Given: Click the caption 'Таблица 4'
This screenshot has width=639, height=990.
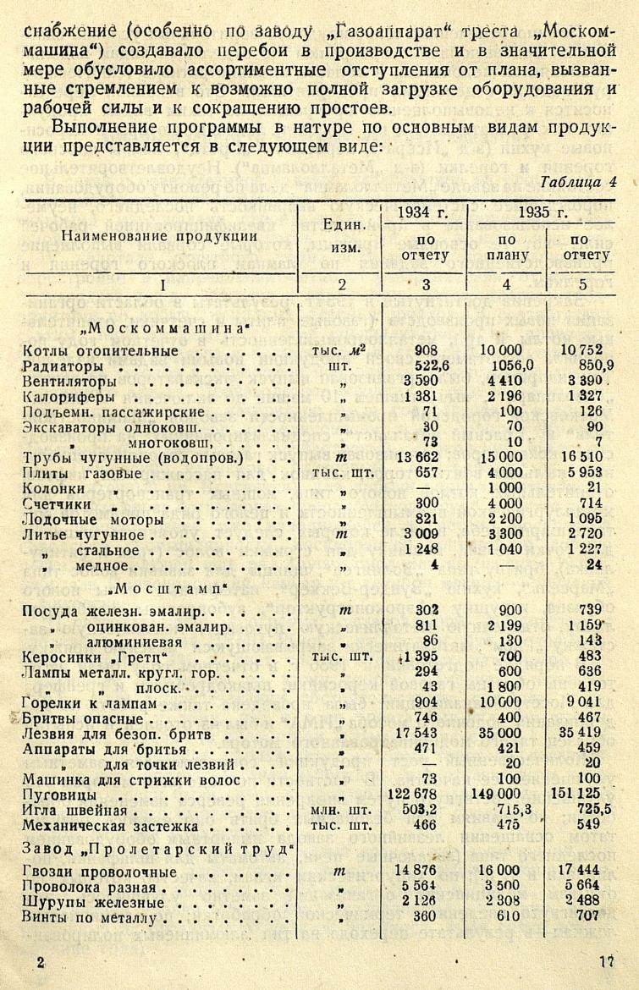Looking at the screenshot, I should [577, 181].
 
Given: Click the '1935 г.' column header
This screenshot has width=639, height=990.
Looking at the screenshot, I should [543, 212].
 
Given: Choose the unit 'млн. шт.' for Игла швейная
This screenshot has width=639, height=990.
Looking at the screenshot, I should [343, 810].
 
